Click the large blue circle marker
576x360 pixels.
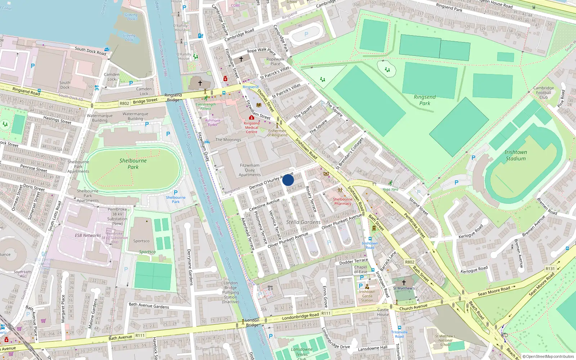click(x=288, y=180)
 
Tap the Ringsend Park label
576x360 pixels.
click(x=425, y=100)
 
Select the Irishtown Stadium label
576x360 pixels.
click(x=516, y=156)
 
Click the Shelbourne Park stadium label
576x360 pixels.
click(x=133, y=164)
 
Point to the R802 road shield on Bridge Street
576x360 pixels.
click(x=124, y=103)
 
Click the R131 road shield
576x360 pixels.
click(x=550, y=269)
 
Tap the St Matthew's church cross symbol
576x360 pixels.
click(x=404, y=283)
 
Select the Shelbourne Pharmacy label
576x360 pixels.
click(x=342, y=201)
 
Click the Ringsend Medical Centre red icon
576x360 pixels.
click(x=251, y=118)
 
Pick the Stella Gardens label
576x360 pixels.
click(x=303, y=222)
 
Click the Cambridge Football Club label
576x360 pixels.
click(x=544, y=93)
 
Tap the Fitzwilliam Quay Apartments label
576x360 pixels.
click(x=249, y=170)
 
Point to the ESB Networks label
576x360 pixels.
click(x=88, y=235)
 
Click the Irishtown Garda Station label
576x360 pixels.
click(x=367, y=296)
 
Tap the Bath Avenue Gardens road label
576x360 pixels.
click(x=149, y=306)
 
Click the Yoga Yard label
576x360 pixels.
click(x=390, y=189)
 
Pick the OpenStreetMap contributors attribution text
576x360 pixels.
click(x=548, y=357)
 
